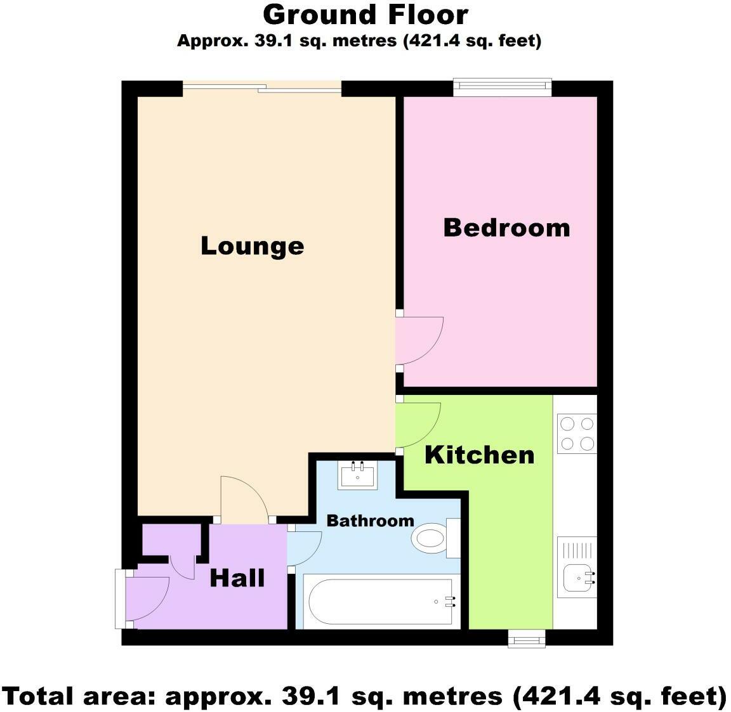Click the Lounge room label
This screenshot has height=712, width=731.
(252, 246)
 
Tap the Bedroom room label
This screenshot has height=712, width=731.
(506, 228)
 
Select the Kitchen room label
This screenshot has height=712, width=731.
(479, 455)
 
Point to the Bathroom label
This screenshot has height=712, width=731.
(370, 521)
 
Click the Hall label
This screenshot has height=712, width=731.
(237, 578)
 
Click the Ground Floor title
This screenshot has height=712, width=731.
(365, 15)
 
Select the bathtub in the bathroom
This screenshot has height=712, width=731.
(381, 601)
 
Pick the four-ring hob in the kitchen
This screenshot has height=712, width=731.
(576, 433)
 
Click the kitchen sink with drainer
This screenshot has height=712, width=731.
(577, 566)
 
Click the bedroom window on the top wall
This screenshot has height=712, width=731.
(502, 87)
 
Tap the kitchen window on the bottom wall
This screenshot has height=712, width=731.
(527, 638)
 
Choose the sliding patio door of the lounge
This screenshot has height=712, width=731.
(262, 89)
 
